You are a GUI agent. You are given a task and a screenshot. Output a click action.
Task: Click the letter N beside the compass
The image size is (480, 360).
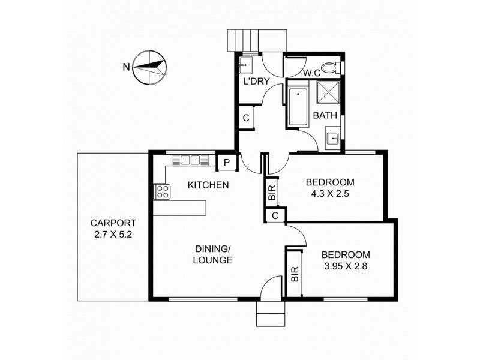point(125,67)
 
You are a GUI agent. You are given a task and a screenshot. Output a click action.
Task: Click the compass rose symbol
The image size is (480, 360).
point(149,67)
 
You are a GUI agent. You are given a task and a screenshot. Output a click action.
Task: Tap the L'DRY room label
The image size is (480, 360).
point(254,81)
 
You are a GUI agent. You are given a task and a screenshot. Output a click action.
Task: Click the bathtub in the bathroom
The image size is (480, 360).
point(298,108)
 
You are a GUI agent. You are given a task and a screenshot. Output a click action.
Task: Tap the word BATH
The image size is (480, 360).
point(325,115)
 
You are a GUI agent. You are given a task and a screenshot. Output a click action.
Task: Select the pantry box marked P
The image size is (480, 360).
point(227,161)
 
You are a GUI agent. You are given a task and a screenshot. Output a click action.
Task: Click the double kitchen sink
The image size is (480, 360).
point(190,160)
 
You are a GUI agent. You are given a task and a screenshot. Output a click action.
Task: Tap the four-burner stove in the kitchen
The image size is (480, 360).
point(163,191)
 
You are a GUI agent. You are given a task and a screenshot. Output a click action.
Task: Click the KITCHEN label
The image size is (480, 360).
point(208,185)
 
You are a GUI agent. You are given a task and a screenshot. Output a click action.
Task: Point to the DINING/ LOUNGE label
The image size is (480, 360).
point(213,254)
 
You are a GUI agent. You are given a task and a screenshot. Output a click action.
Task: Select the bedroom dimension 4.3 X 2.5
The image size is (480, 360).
point(330,193)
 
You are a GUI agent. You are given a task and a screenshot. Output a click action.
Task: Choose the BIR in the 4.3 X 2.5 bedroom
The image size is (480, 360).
point(272,193)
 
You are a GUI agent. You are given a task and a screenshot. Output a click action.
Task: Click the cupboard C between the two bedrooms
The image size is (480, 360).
point(275,215)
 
